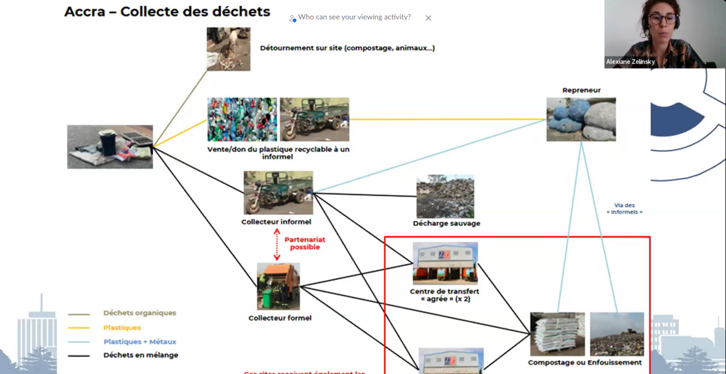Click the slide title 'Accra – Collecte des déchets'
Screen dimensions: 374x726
point(167,12)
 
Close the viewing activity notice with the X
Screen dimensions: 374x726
point(428,18)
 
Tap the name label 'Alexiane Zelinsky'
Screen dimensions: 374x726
point(630,61)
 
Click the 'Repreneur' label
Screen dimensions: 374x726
point(581,90)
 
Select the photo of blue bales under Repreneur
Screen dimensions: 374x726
point(581,120)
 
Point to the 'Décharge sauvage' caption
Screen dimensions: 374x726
point(446,223)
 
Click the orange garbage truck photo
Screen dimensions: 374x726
point(278,287)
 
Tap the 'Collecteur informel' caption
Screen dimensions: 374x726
point(276,222)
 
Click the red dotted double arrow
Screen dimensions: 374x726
point(277,244)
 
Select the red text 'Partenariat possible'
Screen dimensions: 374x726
point(305,244)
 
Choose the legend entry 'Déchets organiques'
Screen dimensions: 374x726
point(139,313)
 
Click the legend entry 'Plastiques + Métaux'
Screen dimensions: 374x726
point(139,341)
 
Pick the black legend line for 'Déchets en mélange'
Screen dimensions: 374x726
point(79,356)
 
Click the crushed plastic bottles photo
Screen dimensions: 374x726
point(242,120)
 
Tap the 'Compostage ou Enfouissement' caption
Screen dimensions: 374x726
point(585,363)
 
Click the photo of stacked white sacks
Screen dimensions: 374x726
point(557,334)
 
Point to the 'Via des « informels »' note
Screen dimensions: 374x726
point(624,209)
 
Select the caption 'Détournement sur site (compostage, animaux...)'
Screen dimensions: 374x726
point(347,48)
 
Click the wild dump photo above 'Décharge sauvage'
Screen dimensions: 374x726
point(445,197)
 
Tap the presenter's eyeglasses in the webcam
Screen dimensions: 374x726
point(662,19)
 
